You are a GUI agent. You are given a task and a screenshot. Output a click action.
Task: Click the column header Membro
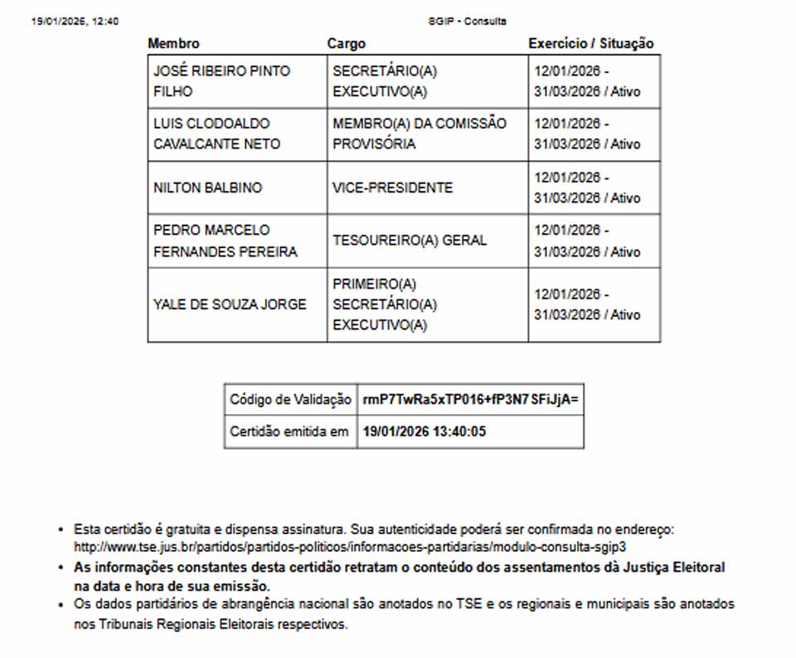click(173, 43)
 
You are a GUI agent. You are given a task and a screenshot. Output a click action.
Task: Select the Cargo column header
click(346, 43)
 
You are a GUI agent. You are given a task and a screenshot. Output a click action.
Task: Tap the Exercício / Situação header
click(590, 43)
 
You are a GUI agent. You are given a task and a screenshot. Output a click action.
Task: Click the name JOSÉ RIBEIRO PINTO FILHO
click(221, 81)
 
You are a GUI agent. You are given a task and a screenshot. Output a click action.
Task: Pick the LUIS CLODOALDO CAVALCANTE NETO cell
click(216, 134)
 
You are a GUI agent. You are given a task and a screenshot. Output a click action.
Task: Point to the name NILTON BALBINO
click(207, 188)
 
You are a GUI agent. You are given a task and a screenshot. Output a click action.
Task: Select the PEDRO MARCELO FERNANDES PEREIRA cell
click(225, 241)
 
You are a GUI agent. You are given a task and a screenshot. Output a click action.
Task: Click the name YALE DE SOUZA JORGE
click(230, 305)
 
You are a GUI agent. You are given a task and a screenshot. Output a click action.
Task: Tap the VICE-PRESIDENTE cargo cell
click(392, 188)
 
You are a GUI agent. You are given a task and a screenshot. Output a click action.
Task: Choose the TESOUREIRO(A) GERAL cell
click(410, 241)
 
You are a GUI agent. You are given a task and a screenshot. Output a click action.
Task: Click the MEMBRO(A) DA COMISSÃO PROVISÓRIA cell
click(419, 134)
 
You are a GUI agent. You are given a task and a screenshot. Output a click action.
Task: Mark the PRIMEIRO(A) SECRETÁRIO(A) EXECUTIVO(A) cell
click(385, 305)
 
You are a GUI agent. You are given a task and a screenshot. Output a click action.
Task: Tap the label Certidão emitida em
click(289, 431)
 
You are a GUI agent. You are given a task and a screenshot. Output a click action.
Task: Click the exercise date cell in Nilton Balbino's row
click(587, 188)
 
